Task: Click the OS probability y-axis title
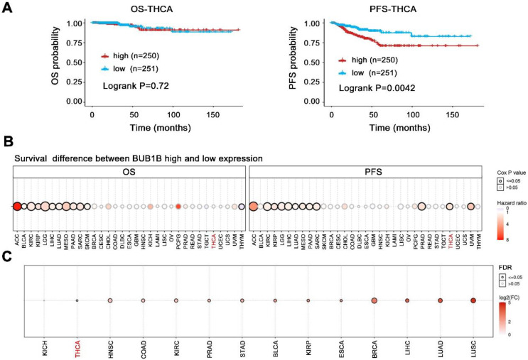(x=55, y=61)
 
